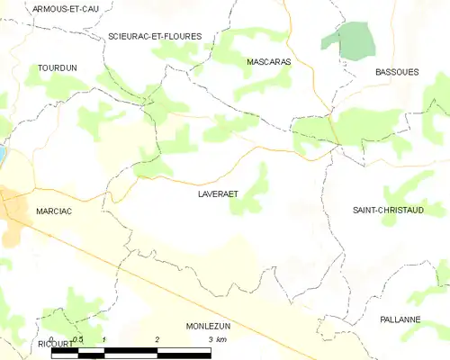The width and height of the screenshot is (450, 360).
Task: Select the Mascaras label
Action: pyautogui.click(x=266, y=62)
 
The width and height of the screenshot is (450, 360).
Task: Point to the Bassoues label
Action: pyautogui.click(x=397, y=72)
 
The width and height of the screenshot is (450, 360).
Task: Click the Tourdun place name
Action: pyautogui.click(x=56, y=67)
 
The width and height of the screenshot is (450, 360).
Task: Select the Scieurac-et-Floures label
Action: pyautogui.click(x=155, y=36)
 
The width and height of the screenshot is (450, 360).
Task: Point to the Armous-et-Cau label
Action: pyautogui.click(x=66, y=8)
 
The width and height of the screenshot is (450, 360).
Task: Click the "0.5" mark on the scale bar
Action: pyautogui.click(x=78, y=339)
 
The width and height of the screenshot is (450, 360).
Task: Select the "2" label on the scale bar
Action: pyautogui.click(x=157, y=339)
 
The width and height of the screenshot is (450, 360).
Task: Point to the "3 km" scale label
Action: pyautogui.click(x=218, y=339)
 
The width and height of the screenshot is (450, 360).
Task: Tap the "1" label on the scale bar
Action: pyautogui.click(x=105, y=339)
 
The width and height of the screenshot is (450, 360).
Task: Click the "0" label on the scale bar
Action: pyautogui.click(x=52, y=339)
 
